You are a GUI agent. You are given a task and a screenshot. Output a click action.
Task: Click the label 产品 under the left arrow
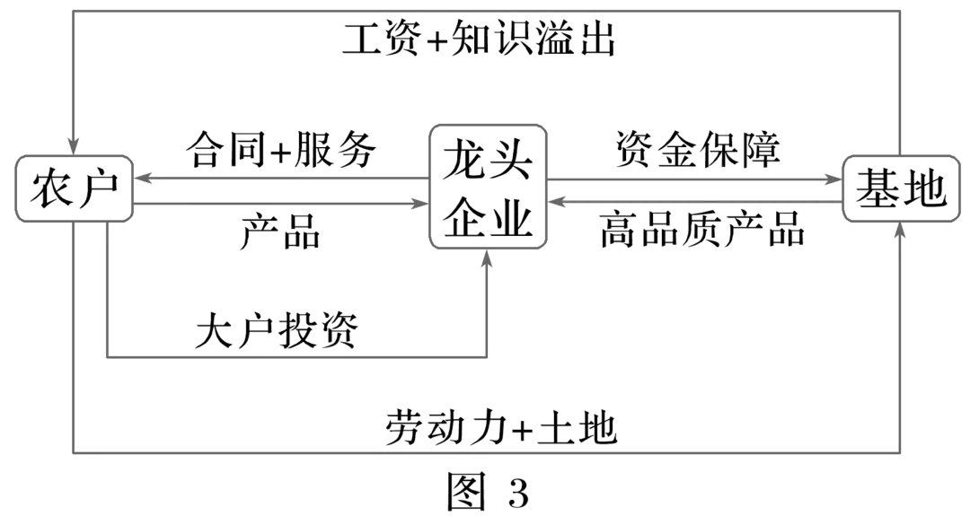[x=280, y=232]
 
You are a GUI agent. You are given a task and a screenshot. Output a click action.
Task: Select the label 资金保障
[x=699, y=150]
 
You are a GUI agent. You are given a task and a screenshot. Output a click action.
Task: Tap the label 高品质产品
[x=701, y=232]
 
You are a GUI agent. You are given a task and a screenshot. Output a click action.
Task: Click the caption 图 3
[x=489, y=490]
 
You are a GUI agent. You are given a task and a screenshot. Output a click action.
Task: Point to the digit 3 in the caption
[x=519, y=491]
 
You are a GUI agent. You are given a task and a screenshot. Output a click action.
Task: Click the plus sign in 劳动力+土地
[x=524, y=429]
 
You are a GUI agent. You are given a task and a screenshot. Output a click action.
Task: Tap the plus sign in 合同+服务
[x=279, y=152]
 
